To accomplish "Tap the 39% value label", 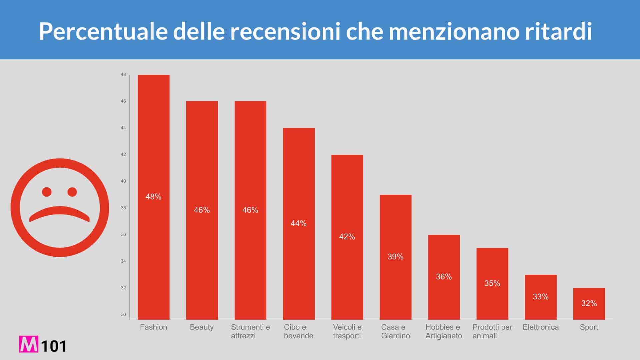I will (396, 257).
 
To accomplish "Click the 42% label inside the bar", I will (347, 237).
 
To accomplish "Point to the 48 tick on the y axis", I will (123, 75).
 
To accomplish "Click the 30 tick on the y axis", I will (123, 314).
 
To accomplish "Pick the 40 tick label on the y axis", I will (123, 181).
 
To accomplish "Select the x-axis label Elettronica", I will (541, 327).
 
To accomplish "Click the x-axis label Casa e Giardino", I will (396, 331).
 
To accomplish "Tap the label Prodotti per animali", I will (492, 331).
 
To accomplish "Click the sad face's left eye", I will (47, 192).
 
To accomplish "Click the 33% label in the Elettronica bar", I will (541, 297).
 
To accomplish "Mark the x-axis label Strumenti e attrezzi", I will (250, 331).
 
